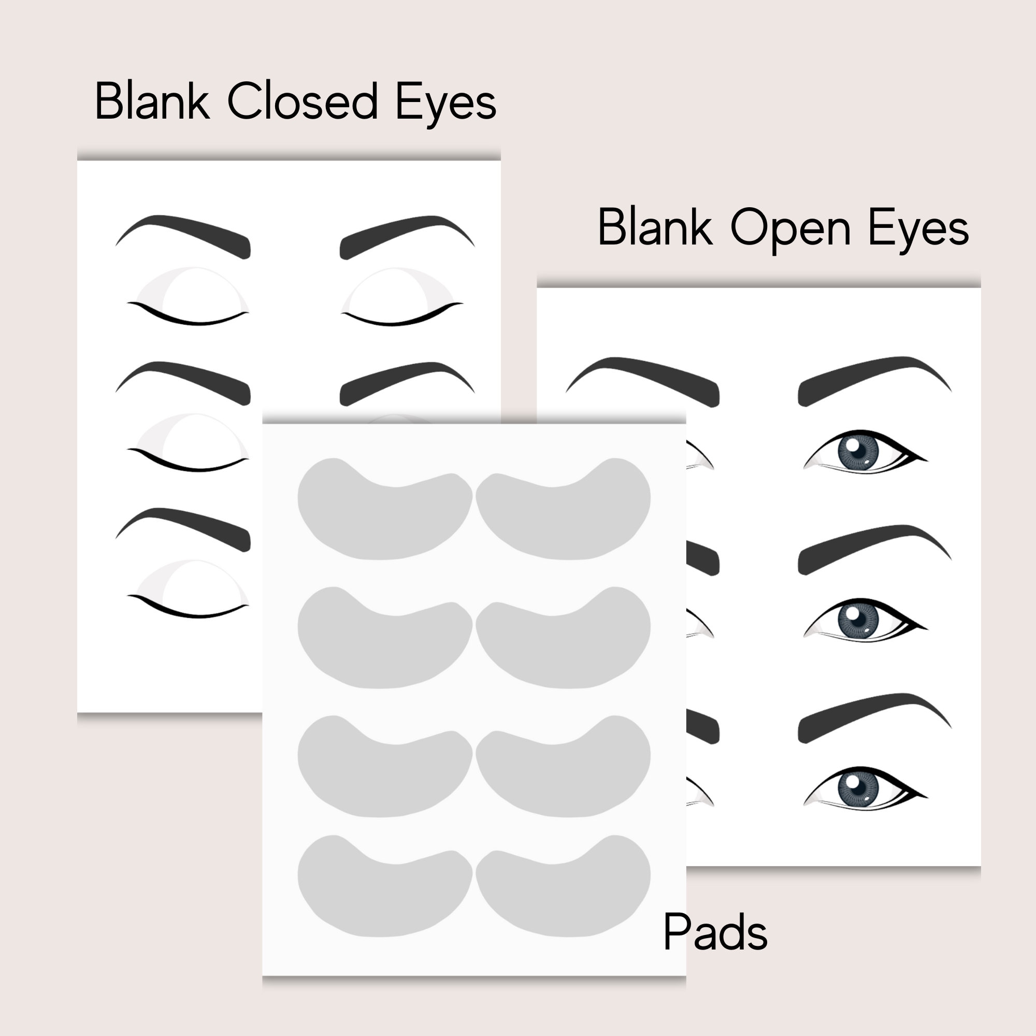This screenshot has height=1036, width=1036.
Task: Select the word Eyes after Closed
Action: (x=445, y=103)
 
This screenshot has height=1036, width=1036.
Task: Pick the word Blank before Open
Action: (x=655, y=227)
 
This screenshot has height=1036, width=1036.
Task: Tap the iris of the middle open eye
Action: (x=858, y=619)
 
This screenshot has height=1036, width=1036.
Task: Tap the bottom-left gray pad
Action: (x=384, y=890)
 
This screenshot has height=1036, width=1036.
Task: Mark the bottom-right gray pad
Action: (x=563, y=890)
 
